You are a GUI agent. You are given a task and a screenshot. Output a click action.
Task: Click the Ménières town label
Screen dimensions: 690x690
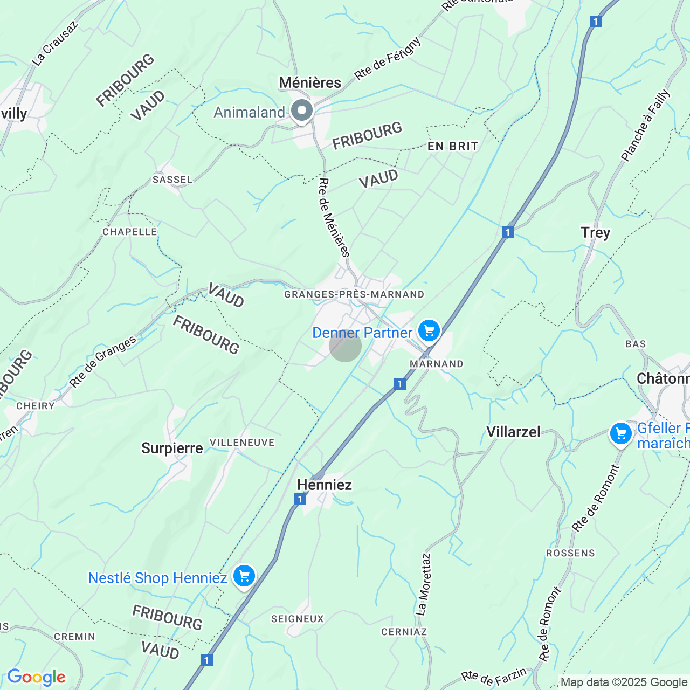pos(310,82)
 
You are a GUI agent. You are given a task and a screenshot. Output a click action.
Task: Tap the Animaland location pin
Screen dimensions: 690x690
pos(302,111)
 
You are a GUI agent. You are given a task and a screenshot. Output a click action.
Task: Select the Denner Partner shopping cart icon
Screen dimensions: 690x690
pos(429,330)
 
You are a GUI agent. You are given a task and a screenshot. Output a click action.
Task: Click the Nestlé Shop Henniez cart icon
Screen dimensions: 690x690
pos(244,576)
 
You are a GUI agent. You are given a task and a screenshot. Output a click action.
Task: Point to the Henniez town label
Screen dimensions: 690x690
pos(325,485)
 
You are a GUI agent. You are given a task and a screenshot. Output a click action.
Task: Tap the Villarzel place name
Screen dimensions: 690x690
pos(513,432)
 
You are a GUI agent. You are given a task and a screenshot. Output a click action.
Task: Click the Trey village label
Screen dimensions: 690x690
pos(596,233)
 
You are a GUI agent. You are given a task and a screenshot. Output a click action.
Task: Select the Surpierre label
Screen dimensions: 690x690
pos(172,448)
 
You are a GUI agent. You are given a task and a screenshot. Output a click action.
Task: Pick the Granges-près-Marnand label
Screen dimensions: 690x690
pos(354,294)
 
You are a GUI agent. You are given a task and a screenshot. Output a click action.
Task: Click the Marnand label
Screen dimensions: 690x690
pos(437,364)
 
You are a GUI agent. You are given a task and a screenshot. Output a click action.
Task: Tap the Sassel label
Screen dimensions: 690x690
pos(172,180)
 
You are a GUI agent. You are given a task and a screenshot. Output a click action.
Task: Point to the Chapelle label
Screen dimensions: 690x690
pos(130,232)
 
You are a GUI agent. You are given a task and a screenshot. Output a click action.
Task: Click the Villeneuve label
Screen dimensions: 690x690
pos(242,443)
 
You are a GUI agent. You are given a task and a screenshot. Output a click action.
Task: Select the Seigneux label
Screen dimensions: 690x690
pos(298,619)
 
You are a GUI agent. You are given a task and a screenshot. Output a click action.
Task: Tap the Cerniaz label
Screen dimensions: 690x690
pos(404,632)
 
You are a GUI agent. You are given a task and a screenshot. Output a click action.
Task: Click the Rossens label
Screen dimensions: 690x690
pos(570,553)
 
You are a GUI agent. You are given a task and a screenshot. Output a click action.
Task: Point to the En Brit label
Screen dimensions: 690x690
pos(453,146)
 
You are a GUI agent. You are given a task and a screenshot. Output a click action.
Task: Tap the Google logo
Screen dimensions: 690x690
pos(36,677)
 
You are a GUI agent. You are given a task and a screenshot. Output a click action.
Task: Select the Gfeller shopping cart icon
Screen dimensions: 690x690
pos(620,433)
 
